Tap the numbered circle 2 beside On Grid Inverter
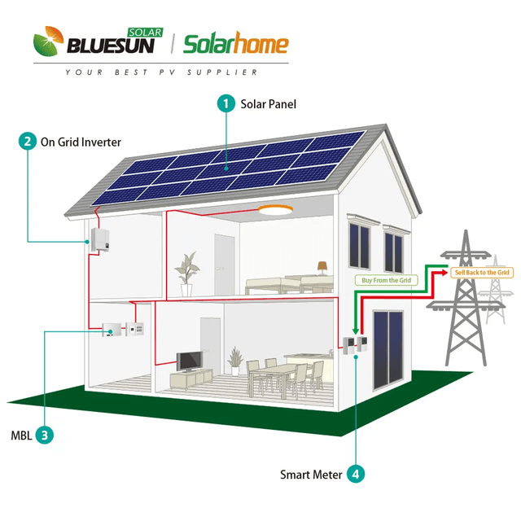(x=28, y=142)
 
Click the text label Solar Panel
(x=269, y=104)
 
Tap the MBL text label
(x=21, y=435)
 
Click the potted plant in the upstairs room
(x=189, y=270)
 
